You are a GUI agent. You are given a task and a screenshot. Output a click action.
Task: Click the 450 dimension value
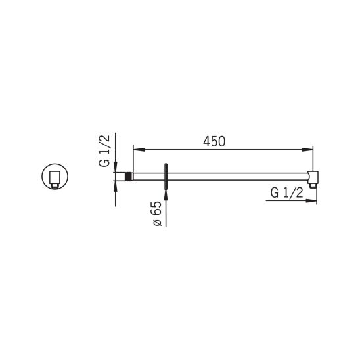[x=214, y=141]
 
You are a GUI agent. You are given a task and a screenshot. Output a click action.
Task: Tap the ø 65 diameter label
[x=158, y=214]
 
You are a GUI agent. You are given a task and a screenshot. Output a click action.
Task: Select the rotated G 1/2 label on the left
[x=104, y=151]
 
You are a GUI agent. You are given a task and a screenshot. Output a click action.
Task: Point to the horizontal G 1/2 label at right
[x=287, y=192]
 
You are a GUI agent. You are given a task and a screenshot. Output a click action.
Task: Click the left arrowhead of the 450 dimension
[x=139, y=150]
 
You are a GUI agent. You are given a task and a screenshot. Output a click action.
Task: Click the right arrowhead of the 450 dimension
[x=307, y=150]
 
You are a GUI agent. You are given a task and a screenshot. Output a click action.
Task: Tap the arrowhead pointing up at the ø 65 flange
[x=166, y=195]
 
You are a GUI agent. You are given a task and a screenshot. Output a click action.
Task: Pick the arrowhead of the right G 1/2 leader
[x=311, y=200]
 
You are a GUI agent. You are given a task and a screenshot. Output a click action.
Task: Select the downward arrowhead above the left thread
[x=116, y=167]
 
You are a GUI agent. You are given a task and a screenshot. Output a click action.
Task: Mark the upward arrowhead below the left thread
[x=116, y=186]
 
